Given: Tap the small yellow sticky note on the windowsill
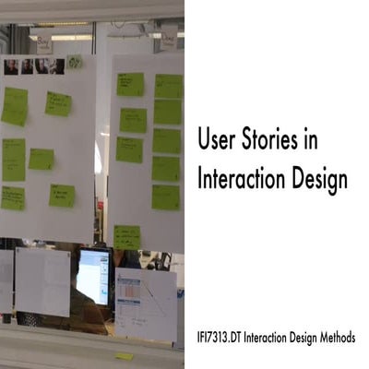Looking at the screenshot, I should (125, 355).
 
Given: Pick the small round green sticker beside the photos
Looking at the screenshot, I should (74, 62).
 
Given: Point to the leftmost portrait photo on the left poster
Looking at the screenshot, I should (11, 66).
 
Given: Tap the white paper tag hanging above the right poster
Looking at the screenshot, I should (168, 38).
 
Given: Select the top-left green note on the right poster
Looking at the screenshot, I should (130, 84).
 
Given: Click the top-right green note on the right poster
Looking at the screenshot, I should (168, 86).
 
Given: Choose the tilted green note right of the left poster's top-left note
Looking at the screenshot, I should (58, 103).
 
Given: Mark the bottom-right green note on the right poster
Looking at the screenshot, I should (166, 196).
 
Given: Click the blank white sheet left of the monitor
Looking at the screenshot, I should (42, 281).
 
